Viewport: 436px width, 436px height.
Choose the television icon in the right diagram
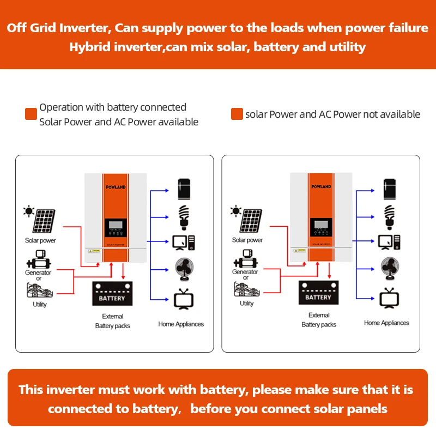(x=389, y=298)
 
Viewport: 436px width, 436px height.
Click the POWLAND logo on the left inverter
(x=116, y=187)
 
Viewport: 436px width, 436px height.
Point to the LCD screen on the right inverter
(x=321, y=223)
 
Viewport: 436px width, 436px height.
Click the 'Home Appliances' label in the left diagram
(x=181, y=324)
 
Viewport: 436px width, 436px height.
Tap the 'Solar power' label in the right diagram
(x=247, y=240)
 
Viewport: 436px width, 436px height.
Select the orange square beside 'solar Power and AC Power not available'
(x=237, y=114)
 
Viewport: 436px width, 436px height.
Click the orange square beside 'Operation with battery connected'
(x=31, y=114)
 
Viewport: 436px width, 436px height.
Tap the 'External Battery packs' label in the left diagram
(x=113, y=321)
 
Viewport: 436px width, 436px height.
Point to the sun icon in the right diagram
(x=235, y=210)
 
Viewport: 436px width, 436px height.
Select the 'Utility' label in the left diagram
(x=40, y=304)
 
